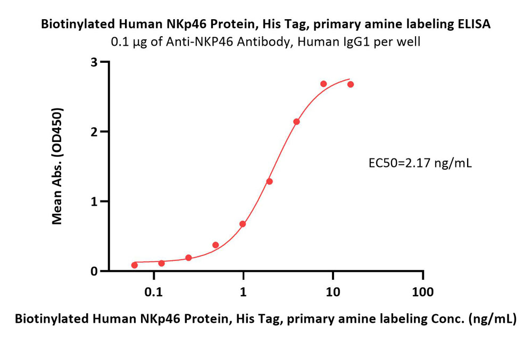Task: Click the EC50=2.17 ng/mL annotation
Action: pos(420,163)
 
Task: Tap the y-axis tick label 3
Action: pos(94,62)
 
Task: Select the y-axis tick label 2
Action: pos(94,131)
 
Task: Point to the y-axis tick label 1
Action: pos(94,202)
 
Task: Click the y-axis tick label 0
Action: pos(94,271)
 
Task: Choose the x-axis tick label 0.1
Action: pos(154,291)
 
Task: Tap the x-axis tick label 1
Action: pos(243,291)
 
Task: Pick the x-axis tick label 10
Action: pos(333,291)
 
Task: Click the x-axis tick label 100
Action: pos(423,291)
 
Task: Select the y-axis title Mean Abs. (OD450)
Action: pos(57,166)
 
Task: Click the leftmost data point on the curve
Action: pos(135,265)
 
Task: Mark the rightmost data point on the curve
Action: pos(351,84)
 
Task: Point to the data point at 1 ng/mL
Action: pos(243,224)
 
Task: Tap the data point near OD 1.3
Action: pos(269,181)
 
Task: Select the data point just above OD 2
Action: pos(296,122)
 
